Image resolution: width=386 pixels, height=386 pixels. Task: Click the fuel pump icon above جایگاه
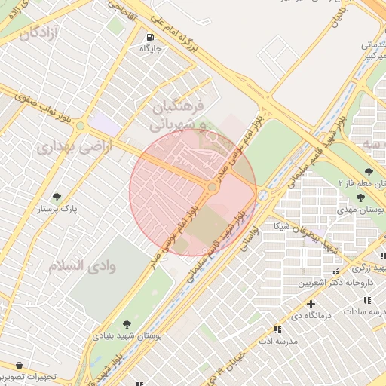tap(149, 37)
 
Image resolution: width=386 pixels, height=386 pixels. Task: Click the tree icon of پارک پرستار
tap(57, 198)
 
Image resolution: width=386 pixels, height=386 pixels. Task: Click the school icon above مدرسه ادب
tap(277, 329)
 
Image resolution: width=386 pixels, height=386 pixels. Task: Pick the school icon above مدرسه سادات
tap(356, 310)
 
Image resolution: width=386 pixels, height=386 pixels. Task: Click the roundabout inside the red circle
tap(213, 186)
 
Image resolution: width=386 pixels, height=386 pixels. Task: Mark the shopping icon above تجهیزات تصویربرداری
tap(18, 366)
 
